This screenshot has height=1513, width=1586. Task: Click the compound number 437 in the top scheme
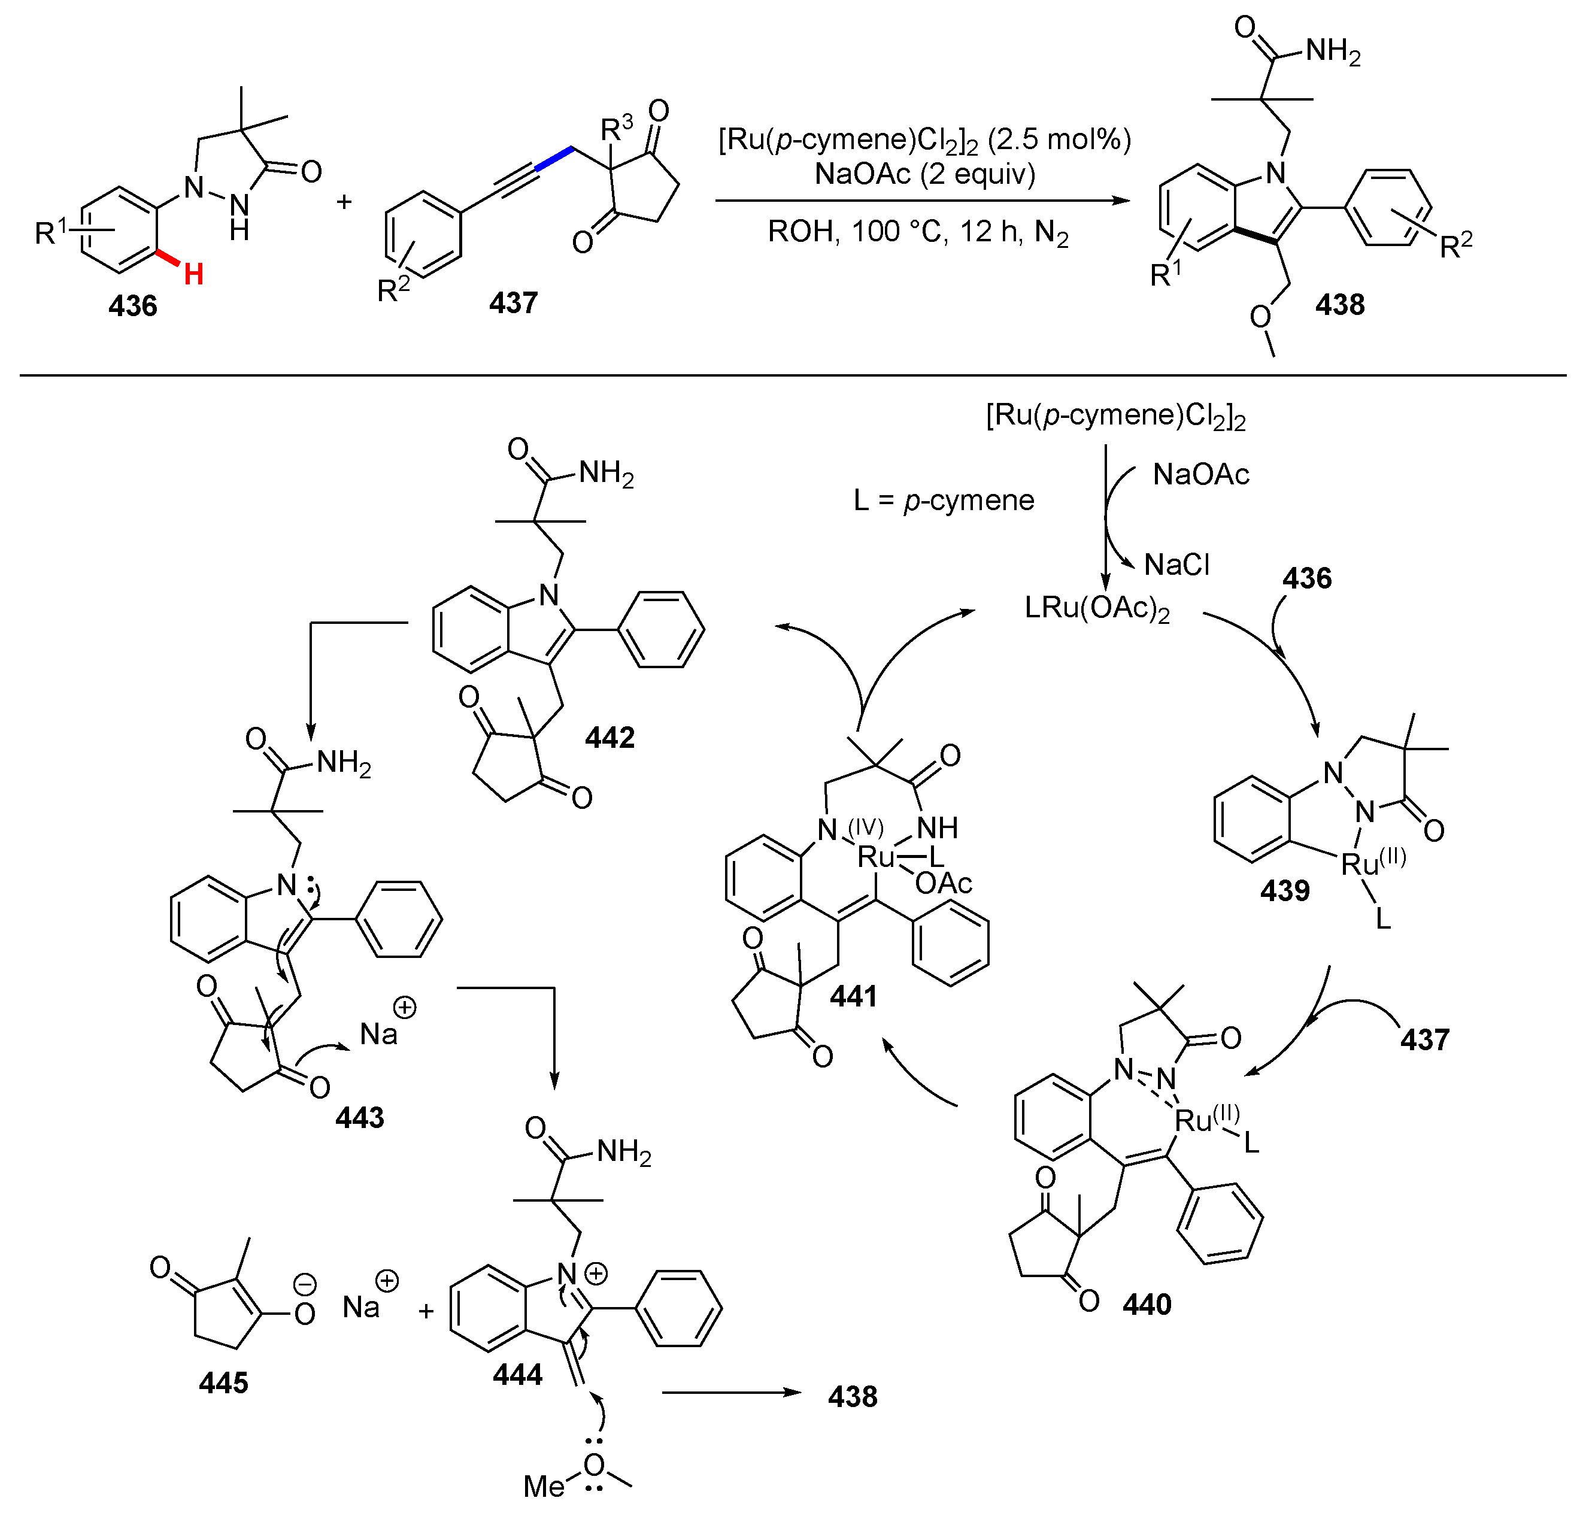coord(513,303)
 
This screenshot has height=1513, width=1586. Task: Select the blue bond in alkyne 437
coord(553,159)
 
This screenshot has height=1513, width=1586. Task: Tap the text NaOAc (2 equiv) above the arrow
coord(925,174)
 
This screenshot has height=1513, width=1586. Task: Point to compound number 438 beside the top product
coord(1340,305)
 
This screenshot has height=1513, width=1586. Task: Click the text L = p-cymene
coord(944,501)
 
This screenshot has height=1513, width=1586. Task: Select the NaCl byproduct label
coord(1176,565)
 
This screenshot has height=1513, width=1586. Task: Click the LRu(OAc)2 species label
coord(1097,609)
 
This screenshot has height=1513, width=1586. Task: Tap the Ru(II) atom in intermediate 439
coord(1360,865)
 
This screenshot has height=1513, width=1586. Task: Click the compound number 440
coord(1147,1305)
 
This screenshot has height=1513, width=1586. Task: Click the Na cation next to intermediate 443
coord(378,1035)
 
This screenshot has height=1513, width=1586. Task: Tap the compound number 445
coord(223,1383)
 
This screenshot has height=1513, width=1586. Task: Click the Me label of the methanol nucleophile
coord(544,1487)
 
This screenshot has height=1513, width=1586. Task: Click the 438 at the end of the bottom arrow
coord(852,1397)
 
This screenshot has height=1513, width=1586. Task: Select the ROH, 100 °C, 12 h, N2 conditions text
coord(918,232)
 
